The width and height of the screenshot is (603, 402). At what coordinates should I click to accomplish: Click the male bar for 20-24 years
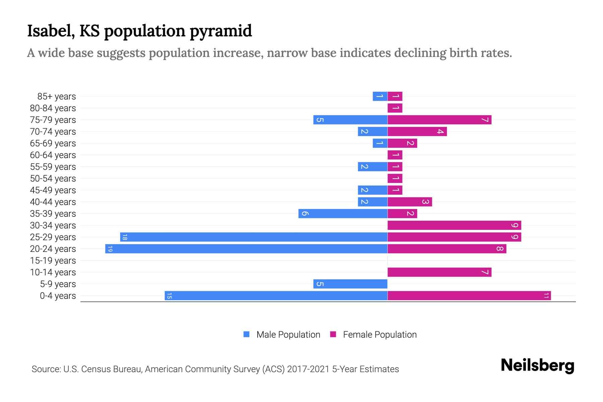(x=246, y=249)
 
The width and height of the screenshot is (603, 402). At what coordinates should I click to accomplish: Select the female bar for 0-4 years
(x=469, y=296)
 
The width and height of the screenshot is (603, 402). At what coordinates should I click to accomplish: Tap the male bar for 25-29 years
(x=254, y=237)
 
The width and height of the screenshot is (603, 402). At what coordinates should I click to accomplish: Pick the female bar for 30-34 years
(x=454, y=225)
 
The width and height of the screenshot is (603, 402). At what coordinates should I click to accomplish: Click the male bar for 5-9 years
(x=350, y=284)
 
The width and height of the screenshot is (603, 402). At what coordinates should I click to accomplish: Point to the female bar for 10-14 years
(x=439, y=272)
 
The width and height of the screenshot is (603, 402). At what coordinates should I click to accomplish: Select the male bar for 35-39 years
(x=343, y=214)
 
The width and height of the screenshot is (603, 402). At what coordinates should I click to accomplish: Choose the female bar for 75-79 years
(x=439, y=120)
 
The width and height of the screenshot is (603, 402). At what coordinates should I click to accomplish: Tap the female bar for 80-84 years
(x=395, y=108)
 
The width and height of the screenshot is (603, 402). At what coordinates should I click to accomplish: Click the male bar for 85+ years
(x=380, y=96)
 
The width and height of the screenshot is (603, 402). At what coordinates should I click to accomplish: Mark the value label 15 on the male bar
(x=169, y=296)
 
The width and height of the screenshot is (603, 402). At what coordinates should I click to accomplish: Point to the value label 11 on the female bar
(x=546, y=296)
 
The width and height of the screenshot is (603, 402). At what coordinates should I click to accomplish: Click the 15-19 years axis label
(x=53, y=261)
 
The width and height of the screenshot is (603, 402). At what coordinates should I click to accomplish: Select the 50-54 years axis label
(x=53, y=179)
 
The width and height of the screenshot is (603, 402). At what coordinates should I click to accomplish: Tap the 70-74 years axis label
(x=53, y=132)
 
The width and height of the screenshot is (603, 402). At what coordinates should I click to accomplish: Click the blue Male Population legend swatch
(x=247, y=334)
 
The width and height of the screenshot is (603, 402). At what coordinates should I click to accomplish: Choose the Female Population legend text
(x=380, y=335)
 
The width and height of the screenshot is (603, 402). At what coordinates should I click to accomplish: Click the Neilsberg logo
(x=537, y=365)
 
